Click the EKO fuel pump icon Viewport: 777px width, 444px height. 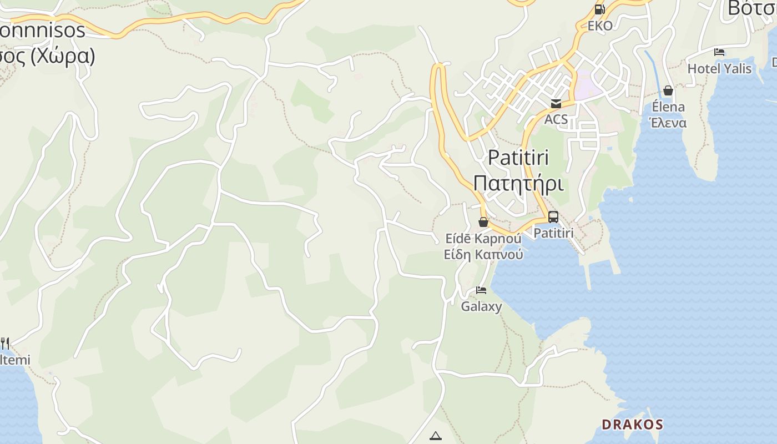click(x=599, y=9)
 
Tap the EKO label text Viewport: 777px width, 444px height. click(x=600, y=26)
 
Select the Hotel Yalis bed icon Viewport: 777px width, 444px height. click(x=719, y=53)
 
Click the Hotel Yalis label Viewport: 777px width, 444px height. click(x=719, y=69)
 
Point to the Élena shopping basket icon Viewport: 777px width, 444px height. click(x=668, y=90)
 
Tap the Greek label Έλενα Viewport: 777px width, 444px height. click(x=668, y=123)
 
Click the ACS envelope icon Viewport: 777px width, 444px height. click(x=556, y=104)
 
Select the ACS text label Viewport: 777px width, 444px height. click(x=556, y=119)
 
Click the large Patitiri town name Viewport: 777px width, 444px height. click(x=518, y=158)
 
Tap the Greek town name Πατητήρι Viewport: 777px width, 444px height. click(x=518, y=183)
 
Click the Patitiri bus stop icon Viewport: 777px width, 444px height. click(x=553, y=217)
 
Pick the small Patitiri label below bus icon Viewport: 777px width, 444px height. click(x=553, y=233)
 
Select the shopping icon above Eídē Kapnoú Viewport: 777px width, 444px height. click(x=483, y=222)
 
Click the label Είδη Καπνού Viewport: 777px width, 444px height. click(x=483, y=255)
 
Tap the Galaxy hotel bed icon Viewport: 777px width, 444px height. click(x=481, y=290)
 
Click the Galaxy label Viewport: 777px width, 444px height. click(x=481, y=306)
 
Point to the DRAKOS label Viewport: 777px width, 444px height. click(x=632, y=425)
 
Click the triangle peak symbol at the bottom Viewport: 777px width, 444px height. click(x=436, y=436)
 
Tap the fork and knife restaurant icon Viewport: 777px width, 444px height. click(x=4, y=344)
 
